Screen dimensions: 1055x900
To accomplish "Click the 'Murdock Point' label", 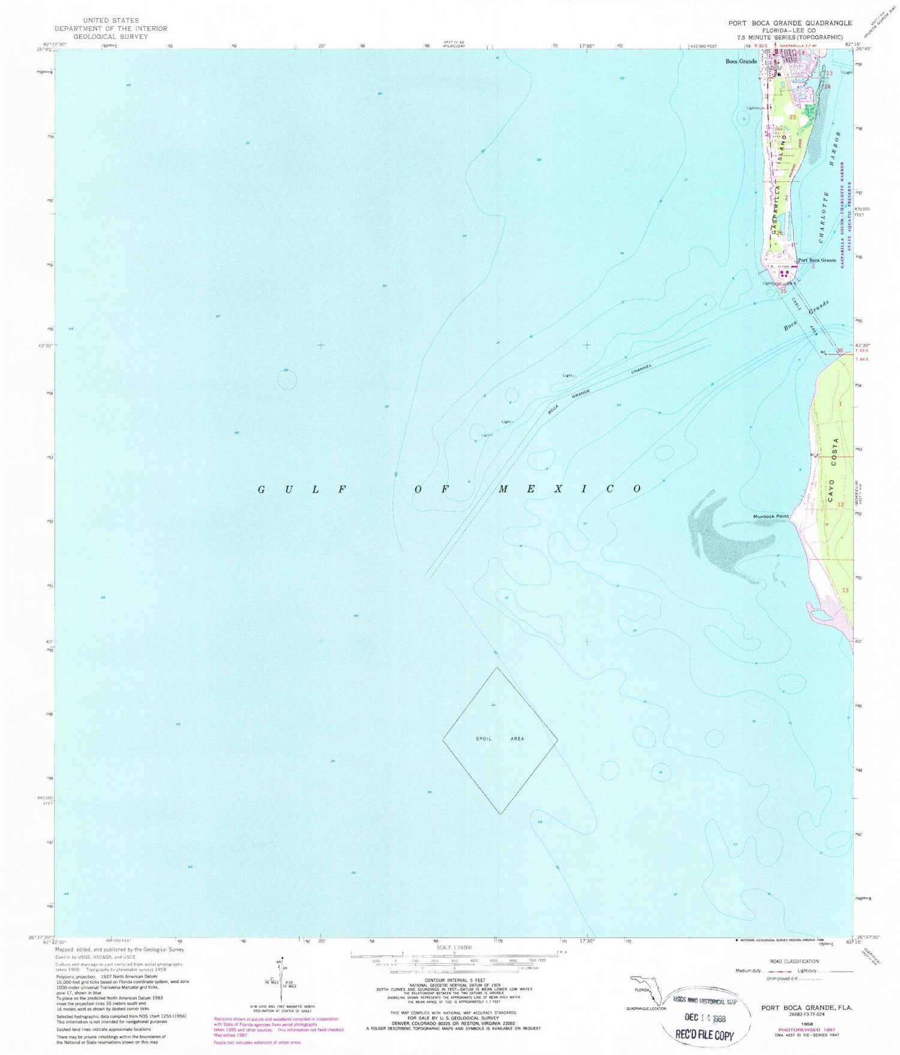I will click(x=770, y=516).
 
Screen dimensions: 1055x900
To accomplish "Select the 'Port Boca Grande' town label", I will click(x=817, y=260).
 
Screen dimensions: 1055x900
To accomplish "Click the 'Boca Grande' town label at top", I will click(x=741, y=61).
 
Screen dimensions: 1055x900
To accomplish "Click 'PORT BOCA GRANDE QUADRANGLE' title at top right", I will click(x=790, y=23).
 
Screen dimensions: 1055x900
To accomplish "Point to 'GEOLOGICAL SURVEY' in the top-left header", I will click(x=110, y=37).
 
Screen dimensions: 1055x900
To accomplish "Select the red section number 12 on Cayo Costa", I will click(x=841, y=505).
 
